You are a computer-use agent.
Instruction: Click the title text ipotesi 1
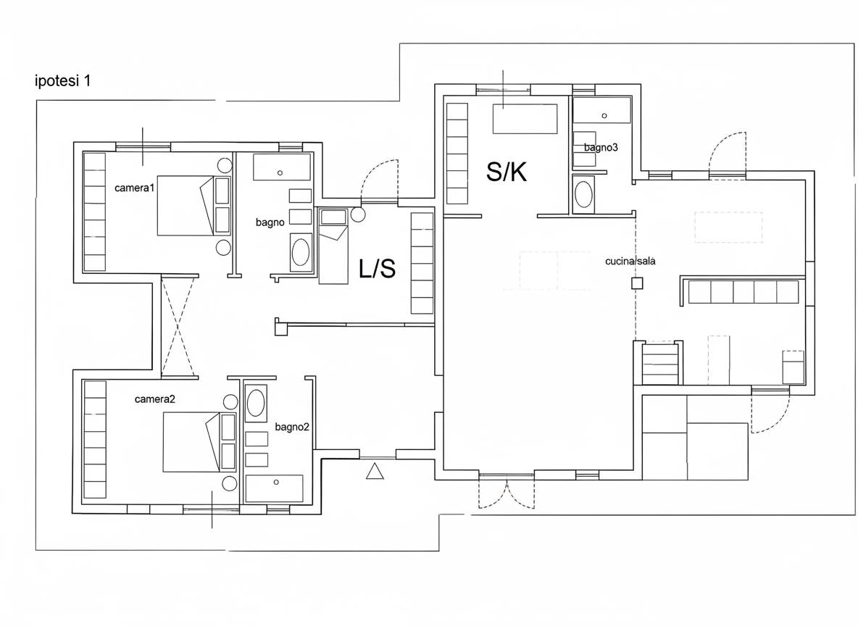point(62,82)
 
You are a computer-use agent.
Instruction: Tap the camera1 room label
point(135,188)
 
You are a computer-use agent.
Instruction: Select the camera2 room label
point(155,399)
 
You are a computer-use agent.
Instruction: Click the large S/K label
point(507,172)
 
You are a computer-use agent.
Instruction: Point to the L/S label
point(377,269)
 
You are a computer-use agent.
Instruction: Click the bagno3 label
point(600,148)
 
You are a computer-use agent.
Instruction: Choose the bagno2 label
point(292,427)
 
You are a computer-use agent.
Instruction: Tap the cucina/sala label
point(630,262)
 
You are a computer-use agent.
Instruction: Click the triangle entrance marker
point(375,471)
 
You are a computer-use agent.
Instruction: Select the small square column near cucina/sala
point(636,283)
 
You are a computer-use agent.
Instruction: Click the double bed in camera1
point(185,206)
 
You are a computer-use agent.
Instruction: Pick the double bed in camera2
point(191,442)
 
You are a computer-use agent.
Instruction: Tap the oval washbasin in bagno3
point(582,193)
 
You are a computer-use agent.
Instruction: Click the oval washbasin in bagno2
point(256,404)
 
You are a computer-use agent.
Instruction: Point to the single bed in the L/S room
point(333,246)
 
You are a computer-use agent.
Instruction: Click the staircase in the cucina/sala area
point(660,364)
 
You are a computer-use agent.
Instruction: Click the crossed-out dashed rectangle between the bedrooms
point(178,327)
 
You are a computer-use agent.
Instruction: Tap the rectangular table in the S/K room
point(525,120)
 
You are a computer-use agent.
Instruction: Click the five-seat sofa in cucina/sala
point(743,292)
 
